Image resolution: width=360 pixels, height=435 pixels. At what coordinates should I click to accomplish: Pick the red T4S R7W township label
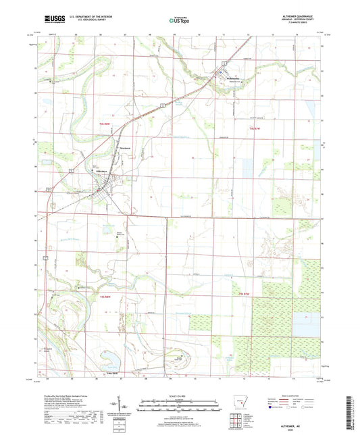click(x=254, y=127)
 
